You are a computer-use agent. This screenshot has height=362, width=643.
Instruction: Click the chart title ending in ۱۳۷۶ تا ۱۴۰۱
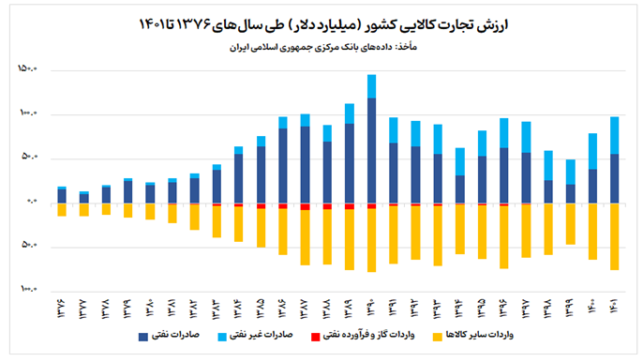(x=321, y=21)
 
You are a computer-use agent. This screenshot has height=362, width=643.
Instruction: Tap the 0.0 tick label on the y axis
(x=28, y=203)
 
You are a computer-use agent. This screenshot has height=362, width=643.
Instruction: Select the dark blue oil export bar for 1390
(x=372, y=150)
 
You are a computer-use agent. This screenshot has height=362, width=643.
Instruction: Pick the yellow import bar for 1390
(x=372, y=240)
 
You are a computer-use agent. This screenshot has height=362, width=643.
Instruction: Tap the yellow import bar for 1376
(x=62, y=210)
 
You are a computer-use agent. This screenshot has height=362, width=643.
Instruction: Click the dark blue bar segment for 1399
(x=570, y=193)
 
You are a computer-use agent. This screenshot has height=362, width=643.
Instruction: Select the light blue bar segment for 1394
(x=460, y=161)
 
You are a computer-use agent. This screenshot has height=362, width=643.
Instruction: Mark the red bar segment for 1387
(x=305, y=206)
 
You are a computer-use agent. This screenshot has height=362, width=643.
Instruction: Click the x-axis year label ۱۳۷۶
(x=62, y=308)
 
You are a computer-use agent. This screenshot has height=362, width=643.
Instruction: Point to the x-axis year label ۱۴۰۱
(x=615, y=308)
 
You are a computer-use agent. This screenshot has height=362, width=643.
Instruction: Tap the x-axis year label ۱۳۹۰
(x=372, y=308)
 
